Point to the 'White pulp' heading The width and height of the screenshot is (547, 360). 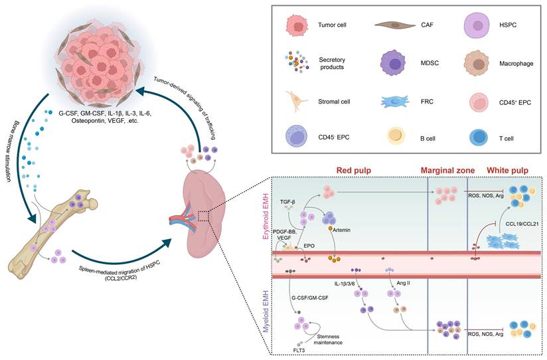[x=508, y=170]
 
